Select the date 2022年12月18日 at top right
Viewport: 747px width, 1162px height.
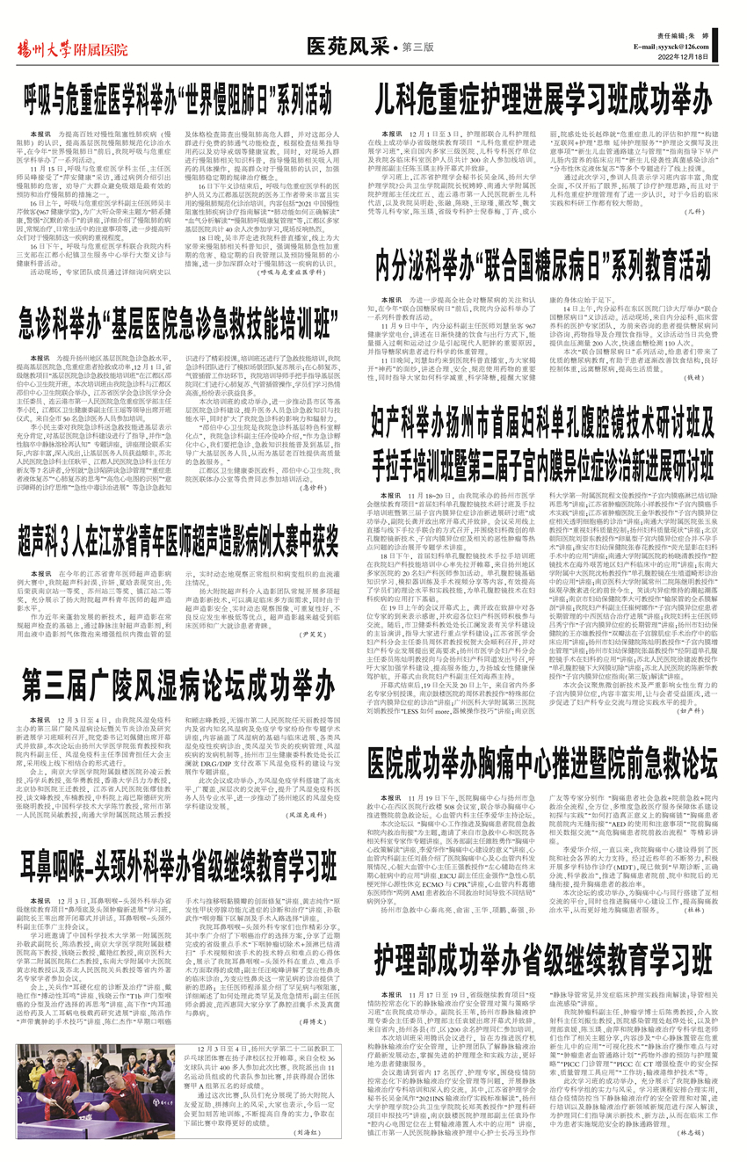[695, 55]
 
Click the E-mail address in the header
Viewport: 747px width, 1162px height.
[683, 43]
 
